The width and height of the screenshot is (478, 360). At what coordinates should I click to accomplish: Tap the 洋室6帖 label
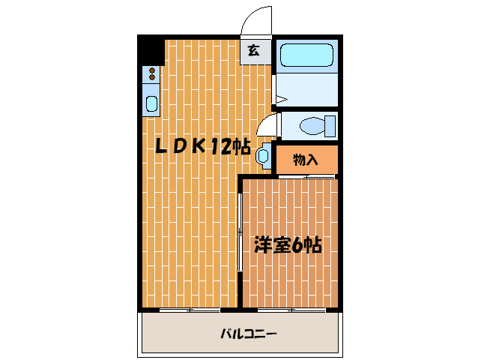click(x=288, y=245)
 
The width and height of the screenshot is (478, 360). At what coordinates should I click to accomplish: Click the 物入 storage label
click(x=306, y=159)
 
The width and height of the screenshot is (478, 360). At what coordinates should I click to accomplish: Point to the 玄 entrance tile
click(x=255, y=51)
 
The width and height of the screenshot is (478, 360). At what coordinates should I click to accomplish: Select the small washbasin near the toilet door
click(x=262, y=156)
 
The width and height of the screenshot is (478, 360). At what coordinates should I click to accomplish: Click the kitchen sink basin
click(x=152, y=103)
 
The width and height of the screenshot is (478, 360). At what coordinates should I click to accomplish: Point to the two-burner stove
click(x=152, y=73)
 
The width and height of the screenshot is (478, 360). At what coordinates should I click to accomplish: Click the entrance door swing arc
click(x=255, y=19)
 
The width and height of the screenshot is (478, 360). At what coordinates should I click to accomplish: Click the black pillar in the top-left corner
click(x=152, y=50)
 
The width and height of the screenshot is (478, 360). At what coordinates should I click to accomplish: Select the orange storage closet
click(x=306, y=159)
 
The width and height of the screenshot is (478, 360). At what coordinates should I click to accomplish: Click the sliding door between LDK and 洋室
click(x=240, y=232)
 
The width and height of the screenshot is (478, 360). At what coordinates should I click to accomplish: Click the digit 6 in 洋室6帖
click(x=299, y=245)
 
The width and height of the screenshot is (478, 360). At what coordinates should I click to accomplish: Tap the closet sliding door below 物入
click(x=306, y=175)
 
